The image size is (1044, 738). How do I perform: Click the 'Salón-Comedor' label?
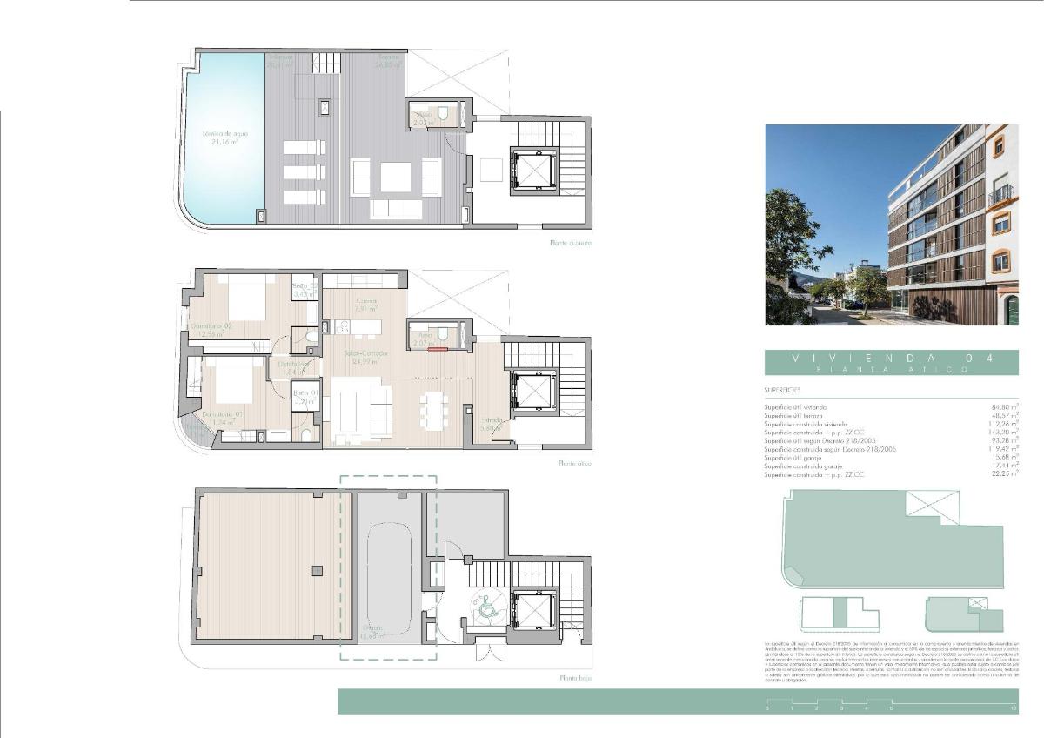tap(365, 357)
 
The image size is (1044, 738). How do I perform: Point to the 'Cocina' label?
tap(365, 304)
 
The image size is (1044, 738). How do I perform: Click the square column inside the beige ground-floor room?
tap(318, 570)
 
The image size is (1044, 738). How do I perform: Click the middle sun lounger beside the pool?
tap(304, 172)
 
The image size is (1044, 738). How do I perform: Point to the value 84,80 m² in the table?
tap(1003, 406)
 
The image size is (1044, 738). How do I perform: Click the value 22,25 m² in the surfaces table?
tap(1003, 474)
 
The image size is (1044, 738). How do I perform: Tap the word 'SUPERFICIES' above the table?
tap(783, 391)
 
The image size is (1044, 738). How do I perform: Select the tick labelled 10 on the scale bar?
tap(1014, 709)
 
